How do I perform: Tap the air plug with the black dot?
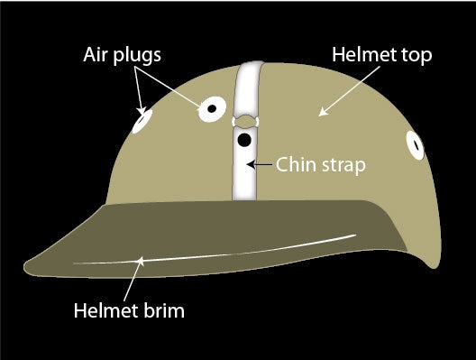click(211, 108)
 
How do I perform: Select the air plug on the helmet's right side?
click(416, 143)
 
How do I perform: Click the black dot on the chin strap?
click(243, 141)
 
